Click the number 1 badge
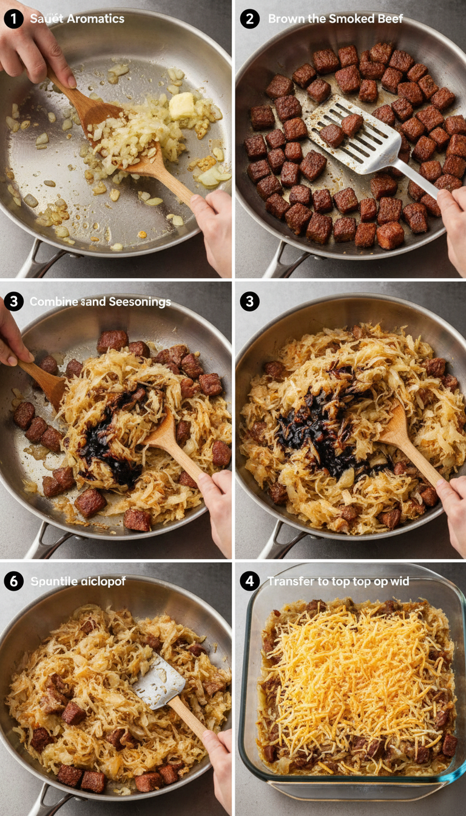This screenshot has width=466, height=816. pos(13,19)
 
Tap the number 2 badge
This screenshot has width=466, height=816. pos(249,19)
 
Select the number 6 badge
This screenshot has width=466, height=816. pos(13,581)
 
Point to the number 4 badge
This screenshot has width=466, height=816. pos(249,581)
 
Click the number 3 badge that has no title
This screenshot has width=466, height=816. pos(249,301)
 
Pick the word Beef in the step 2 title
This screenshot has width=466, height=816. pos(390,19)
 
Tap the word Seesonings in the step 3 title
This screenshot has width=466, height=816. pos(138,302)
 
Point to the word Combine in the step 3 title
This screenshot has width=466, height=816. pos(53,302)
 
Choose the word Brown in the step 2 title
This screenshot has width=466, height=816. pos(286,19)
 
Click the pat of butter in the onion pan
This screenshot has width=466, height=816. pos(181,105)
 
